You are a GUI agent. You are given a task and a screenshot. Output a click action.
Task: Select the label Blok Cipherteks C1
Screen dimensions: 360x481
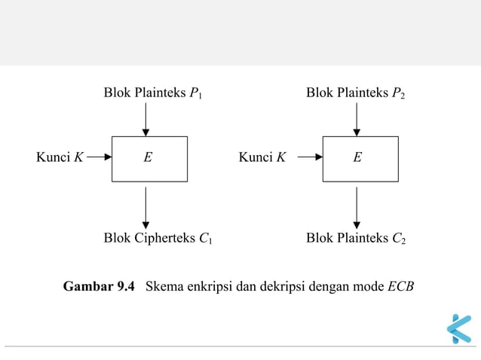coord(158,239)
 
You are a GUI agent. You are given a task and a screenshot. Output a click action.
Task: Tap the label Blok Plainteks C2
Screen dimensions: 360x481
coord(356,239)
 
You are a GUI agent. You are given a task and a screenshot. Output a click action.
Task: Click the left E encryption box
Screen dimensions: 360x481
coord(149,159)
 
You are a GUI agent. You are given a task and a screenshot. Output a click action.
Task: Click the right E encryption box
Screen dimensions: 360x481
coord(360,159)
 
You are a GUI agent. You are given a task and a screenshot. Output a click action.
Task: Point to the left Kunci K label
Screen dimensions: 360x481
coord(60,157)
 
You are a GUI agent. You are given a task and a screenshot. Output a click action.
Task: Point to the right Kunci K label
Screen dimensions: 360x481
coord(262,157)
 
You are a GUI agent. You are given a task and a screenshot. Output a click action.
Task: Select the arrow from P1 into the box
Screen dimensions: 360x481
coord(146,119)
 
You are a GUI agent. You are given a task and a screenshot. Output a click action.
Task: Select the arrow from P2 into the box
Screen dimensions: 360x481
coord(357,119)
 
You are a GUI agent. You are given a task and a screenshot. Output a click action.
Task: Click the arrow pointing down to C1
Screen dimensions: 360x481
coord(146,207)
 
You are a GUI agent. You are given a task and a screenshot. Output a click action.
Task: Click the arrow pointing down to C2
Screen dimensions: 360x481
coord(357,207)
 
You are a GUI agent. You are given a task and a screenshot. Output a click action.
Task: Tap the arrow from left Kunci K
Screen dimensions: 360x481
coord(99,158)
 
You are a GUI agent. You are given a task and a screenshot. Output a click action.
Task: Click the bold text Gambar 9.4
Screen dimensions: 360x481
coord(99,287)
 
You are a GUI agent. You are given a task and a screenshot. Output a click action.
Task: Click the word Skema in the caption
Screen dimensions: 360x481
coord(163,287)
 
